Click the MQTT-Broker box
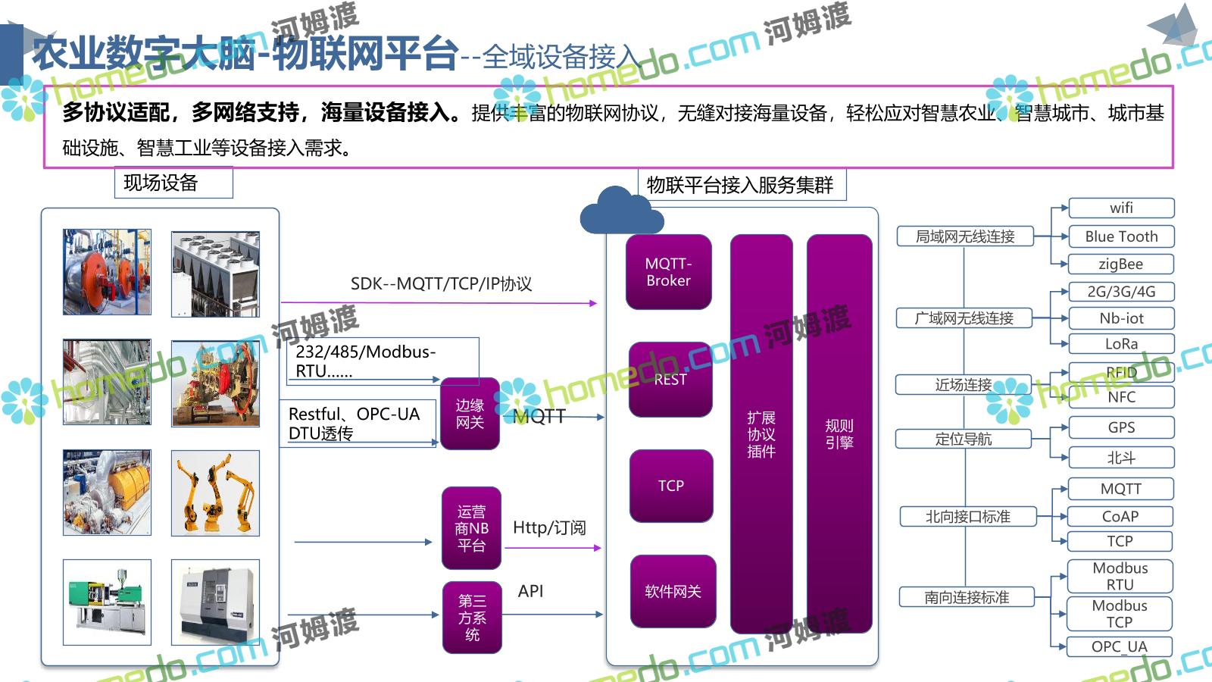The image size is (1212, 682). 669,272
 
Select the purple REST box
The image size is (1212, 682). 670,379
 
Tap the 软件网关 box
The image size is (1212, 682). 673,591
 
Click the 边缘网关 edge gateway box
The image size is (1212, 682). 470,414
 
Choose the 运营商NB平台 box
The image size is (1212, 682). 471,528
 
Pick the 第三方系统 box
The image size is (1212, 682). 472,617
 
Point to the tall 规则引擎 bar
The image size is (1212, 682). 839,433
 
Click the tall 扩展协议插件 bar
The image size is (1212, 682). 761,433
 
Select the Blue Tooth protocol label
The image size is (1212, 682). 1121,236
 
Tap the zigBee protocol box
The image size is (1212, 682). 1121,264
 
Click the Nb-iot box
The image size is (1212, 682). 1121,318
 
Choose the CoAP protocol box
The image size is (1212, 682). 1120,516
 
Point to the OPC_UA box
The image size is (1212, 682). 1120,646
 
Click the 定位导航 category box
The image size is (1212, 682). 964,439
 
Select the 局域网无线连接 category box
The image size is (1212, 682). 965,236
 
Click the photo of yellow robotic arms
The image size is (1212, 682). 215,493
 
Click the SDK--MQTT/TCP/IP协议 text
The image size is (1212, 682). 441,284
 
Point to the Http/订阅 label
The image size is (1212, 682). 549,527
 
